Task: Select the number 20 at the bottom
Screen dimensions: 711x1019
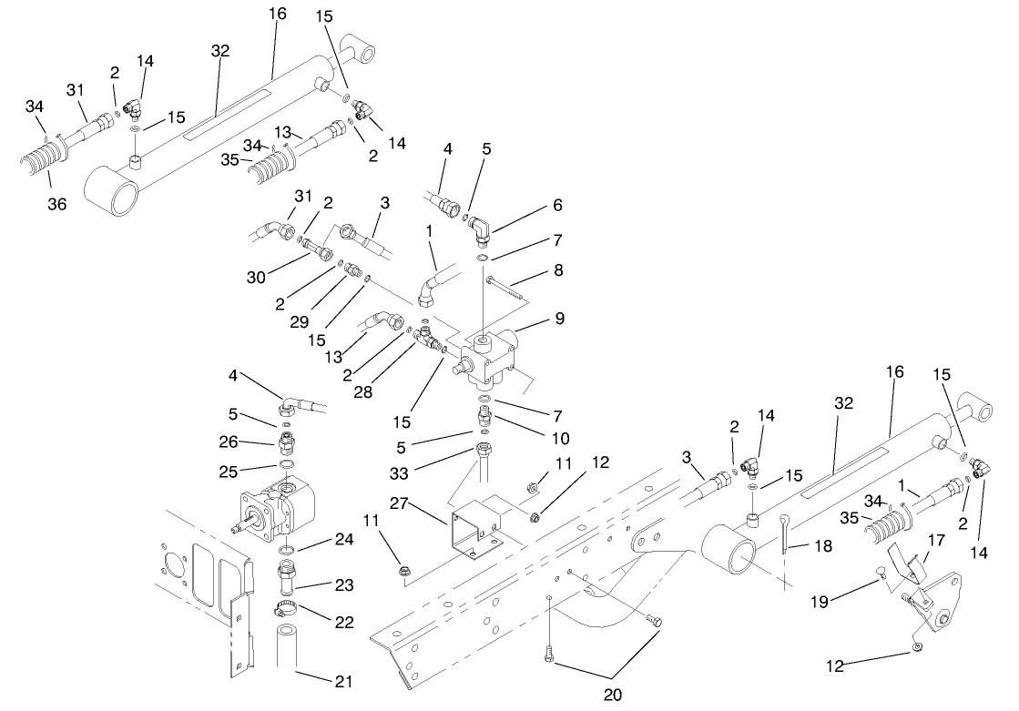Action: click(612, 695)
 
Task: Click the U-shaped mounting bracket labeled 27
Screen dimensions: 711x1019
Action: click(473, 533)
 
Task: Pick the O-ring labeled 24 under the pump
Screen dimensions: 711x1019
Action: click(286, 552)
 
